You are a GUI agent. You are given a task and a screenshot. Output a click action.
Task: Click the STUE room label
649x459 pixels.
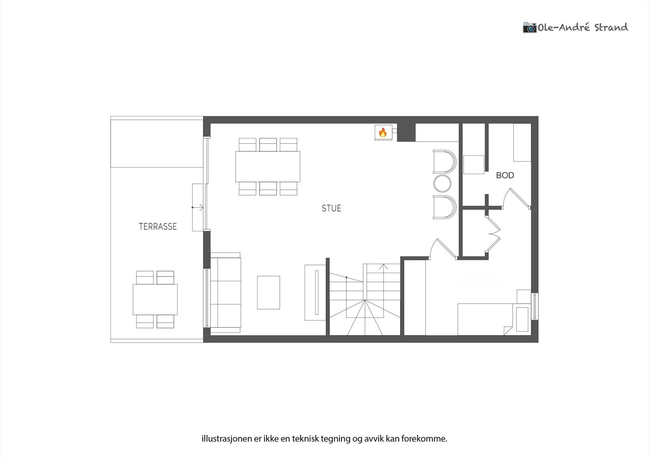(x=331, y=208)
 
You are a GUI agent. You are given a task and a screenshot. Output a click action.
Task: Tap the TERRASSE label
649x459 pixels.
(x=158, y=226)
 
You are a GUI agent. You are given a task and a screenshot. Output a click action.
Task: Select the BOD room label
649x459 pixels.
(x=505, y=175)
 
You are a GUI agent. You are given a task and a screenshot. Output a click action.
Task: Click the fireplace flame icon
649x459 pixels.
(x=383, y=132)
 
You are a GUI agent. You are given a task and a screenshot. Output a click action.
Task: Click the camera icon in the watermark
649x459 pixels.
(x=529, y=27)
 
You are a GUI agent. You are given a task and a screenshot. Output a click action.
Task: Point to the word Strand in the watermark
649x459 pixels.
(x=611, y=27)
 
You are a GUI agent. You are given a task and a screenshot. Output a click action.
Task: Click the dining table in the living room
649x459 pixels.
(x=268, y=166)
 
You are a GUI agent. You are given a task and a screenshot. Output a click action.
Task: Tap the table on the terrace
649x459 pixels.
(x=155, y=300)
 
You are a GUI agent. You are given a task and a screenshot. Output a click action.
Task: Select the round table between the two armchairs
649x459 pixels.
(x=442, y=183)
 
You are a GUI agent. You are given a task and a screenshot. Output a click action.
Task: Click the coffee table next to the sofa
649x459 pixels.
(x=268, y=292)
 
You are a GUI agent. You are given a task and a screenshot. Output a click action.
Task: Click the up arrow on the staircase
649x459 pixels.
(x=383, y=267)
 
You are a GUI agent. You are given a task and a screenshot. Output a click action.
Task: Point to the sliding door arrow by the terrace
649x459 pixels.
(x=198, y=207)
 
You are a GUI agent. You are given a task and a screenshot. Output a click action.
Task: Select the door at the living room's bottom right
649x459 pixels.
(x=442, y=248)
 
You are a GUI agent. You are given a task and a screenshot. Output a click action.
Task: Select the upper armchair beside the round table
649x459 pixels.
(x=444, y=162)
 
